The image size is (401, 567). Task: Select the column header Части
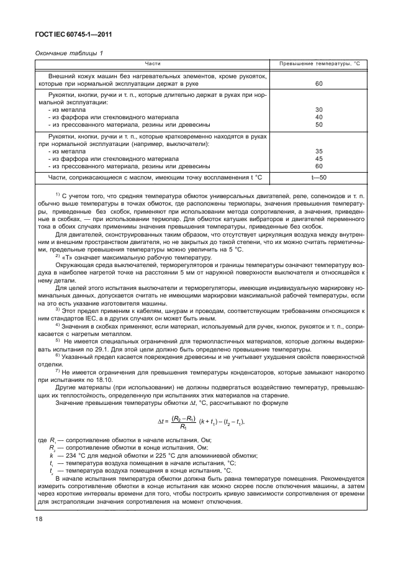pyautogui.click(x=153, y=64)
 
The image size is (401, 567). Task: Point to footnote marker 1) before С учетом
pyautogui.click(x=56, y=194)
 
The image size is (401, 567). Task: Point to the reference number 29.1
pyautogui.click(x=120, y=350)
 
